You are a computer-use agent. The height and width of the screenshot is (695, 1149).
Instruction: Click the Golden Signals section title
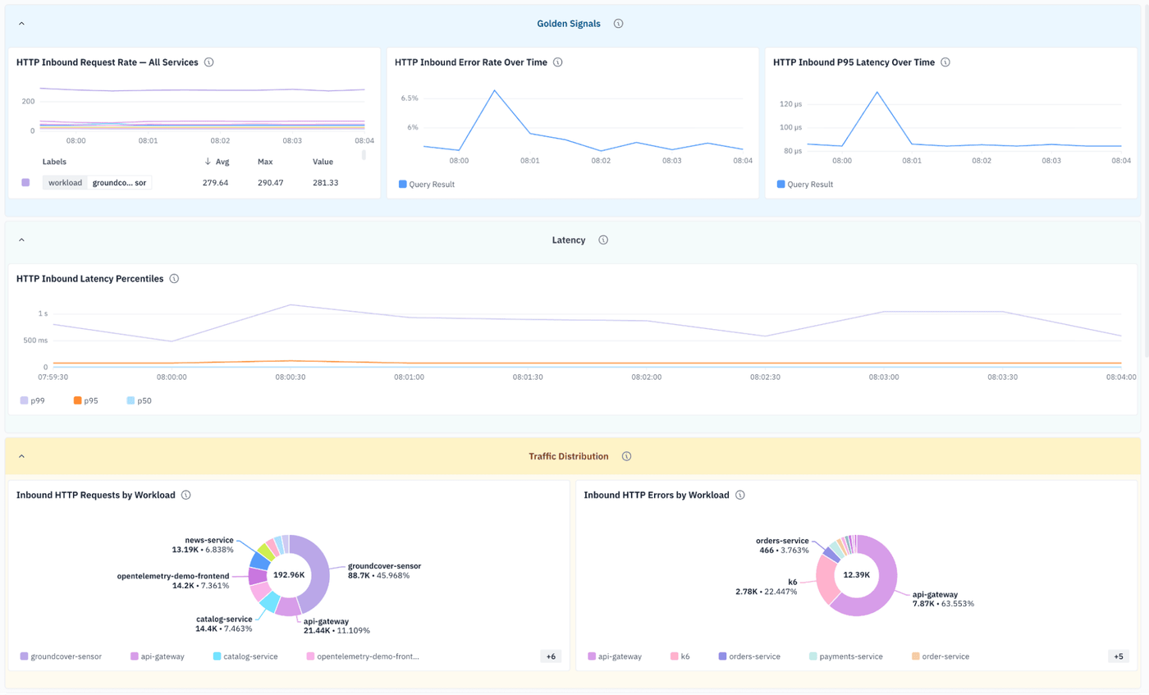pos(568,24)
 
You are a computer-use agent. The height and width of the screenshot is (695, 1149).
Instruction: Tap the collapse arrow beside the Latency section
pos(21,240)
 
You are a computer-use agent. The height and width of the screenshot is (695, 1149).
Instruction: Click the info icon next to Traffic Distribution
pos(626,456)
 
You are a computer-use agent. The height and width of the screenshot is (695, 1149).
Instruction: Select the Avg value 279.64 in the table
pos(215,183)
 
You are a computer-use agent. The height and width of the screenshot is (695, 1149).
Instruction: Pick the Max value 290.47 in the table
pos(270,183)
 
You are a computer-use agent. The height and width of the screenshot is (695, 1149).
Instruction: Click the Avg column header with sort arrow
pos(217,162)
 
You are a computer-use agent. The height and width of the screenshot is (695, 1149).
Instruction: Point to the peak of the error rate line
pos(494,91)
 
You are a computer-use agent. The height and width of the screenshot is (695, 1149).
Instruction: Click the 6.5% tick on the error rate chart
pos(410,98)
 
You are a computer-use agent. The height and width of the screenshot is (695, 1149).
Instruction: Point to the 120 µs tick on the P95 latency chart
pos(790,104)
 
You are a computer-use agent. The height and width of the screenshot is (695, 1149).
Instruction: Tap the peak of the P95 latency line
pos(877,93)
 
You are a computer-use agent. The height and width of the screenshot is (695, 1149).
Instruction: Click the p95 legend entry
pos(85,400)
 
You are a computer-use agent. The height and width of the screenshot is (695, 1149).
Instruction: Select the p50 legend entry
pos(139,400)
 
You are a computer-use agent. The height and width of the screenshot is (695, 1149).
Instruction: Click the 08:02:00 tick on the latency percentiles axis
pos(647,377)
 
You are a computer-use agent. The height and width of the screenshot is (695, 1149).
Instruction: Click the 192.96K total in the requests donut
pos(289,575)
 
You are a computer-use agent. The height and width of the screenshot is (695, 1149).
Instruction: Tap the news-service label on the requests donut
pos(209,540)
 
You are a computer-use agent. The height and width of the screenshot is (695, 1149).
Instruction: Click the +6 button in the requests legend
pos(551,656)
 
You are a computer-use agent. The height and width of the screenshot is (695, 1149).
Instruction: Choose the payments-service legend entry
pos(846,656)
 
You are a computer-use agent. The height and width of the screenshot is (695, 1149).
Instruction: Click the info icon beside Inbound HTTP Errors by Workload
pos(739,495)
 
